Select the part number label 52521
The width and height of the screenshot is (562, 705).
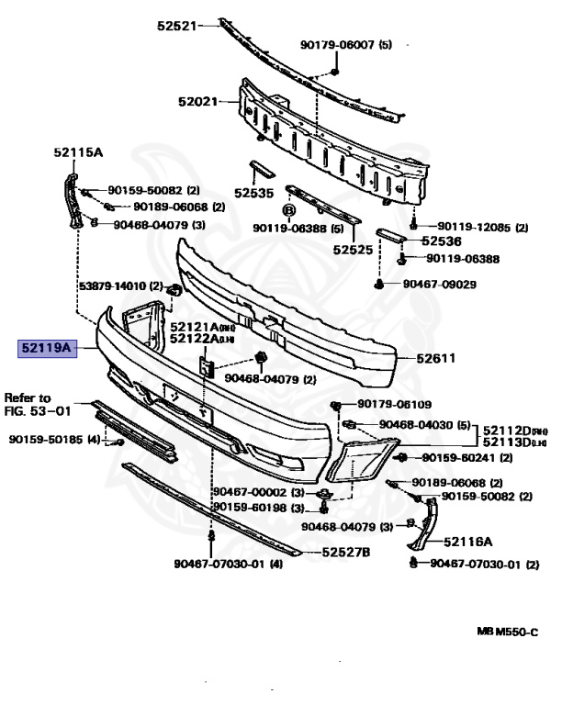pos(176,26)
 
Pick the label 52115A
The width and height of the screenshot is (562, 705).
pos(76,152)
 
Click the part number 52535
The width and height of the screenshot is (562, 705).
pos(253,194)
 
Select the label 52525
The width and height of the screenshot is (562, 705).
pos(353,249)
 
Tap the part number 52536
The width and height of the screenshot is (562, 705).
pos(443,241)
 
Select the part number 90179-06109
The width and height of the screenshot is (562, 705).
pos(394,404)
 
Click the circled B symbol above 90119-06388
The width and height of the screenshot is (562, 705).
pos(287,210)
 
